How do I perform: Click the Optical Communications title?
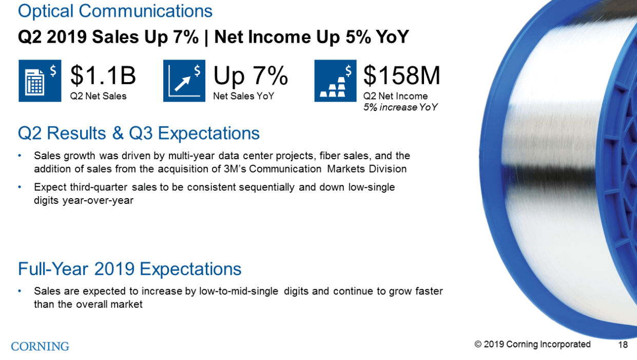pos(115,11)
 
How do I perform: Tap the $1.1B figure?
pos(103,76)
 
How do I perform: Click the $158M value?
pos(401,76)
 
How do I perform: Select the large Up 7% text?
pos(250,76)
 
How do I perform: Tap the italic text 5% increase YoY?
pos(400,107)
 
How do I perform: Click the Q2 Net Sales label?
pos(98,96)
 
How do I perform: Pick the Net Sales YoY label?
pos(243,96)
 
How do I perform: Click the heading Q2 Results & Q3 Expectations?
pos(139,134)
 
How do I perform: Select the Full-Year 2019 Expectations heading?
pos(129,269)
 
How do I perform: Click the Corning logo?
pos(40,346)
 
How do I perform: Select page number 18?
pos(623,345)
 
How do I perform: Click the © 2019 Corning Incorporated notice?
pos(532,344)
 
